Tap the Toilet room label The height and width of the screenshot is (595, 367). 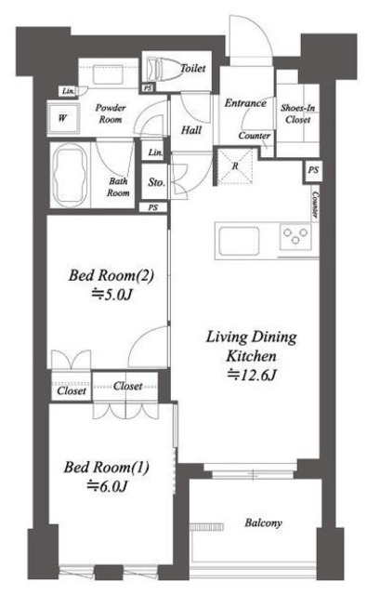[192, 68]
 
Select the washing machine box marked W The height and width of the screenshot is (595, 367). [63, 118]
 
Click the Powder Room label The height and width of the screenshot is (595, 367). [111, 113]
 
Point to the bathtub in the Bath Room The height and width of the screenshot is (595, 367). [71, 176]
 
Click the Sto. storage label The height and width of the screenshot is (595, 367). [156, 182]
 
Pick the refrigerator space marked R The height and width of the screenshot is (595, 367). [235, 166]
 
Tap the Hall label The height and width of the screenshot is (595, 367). [191, 130]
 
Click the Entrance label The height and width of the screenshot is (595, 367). [245, 103]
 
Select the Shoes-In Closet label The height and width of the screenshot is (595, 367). [297, 113]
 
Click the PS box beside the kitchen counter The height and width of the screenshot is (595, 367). [313, 170]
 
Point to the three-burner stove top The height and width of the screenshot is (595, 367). [295, 236]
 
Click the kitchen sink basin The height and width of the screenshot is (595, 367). [239, 241]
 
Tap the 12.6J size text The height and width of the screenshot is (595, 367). [252, 376]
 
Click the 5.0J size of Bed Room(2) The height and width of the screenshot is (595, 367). [111, 295]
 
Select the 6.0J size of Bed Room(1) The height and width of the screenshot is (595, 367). [107, 486]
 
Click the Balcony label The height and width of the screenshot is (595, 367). [263, 523]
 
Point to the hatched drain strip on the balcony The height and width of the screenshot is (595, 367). [206, 527]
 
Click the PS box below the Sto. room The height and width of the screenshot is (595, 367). [152, 207]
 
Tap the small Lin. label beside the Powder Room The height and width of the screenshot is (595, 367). [68, 91]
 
